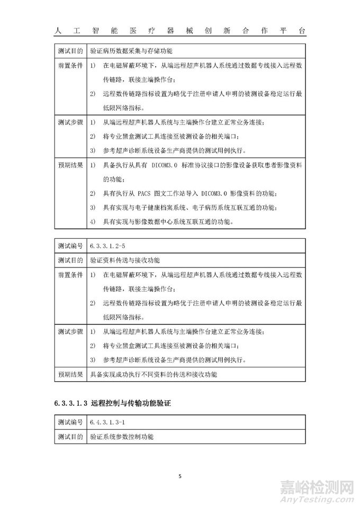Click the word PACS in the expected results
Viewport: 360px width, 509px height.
point(139,192)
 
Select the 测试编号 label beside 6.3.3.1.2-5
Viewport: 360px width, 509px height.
point(69,246)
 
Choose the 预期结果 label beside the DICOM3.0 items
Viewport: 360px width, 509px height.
point(69,165)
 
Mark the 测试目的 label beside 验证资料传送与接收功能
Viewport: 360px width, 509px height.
point(69,260)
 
